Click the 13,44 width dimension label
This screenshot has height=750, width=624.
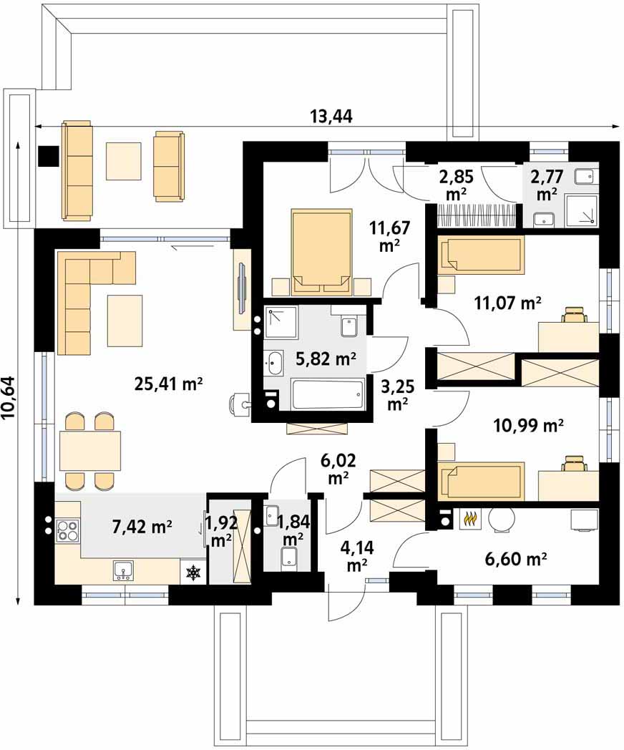[x=331, y=116]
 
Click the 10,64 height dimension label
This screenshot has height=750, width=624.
[x=9, y=398]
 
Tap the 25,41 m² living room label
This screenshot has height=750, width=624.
[x=169, y=384]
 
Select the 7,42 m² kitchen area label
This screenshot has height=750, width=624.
[x=142, y=527]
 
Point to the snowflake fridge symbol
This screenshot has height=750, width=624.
[x=193, y=572]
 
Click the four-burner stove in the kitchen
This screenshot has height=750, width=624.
[x=67, y=530]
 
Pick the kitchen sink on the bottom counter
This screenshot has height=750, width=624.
[x=123, y=570]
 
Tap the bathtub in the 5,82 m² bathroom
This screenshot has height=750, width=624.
[x=328, y=394]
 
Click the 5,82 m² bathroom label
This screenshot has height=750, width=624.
[x=326, y=359]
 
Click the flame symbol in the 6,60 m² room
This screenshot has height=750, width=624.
[x=471, y=518]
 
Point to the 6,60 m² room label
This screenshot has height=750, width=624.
[x=516, y=558]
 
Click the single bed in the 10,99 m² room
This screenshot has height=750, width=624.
[x=481, y=479]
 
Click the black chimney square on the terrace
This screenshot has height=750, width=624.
[x=48, y=156]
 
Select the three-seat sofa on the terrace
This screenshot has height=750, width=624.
[x=77, y=171]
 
